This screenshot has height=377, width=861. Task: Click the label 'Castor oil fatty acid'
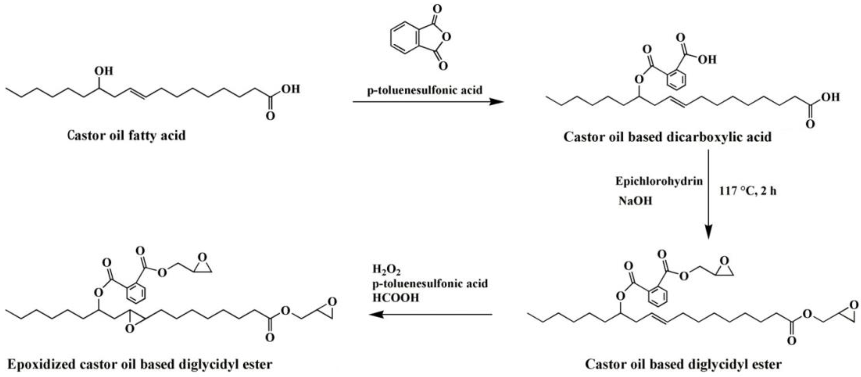pos(126,136)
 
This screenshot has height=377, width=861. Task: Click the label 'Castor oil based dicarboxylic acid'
pos(667,137)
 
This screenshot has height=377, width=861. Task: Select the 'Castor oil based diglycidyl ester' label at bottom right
pos(683,364)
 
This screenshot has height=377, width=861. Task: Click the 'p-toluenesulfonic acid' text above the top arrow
pos(425,90)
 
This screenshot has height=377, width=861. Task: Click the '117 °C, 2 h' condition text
pos(748,191)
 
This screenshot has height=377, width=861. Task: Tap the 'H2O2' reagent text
pos(386,269)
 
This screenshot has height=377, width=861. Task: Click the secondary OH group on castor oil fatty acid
pos(104,71)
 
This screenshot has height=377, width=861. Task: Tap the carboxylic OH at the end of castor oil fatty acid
pos(290,89)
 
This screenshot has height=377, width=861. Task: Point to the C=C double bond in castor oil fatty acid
pos(136,94)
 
